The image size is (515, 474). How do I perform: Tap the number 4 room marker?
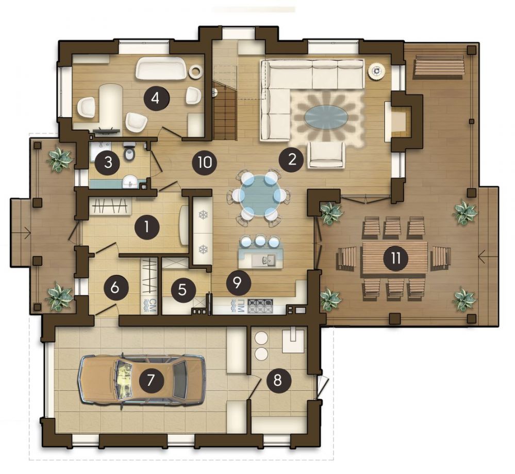pos(156,98)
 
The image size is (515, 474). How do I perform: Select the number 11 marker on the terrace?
pos(396,258)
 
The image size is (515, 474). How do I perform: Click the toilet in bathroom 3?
pos(129,152)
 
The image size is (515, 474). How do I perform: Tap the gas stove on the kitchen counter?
pos(260,306)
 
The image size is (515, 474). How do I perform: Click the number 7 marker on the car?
pos(151,380)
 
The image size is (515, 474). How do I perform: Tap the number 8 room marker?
pos(278,380)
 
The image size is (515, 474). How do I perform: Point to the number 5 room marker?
pos(182,290)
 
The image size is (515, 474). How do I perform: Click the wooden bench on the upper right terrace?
pos(439,67)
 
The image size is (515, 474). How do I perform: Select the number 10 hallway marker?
pos(205,163)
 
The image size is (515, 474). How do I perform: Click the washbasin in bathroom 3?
pos(130,182)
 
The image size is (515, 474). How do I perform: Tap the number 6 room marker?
pos(115,288)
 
